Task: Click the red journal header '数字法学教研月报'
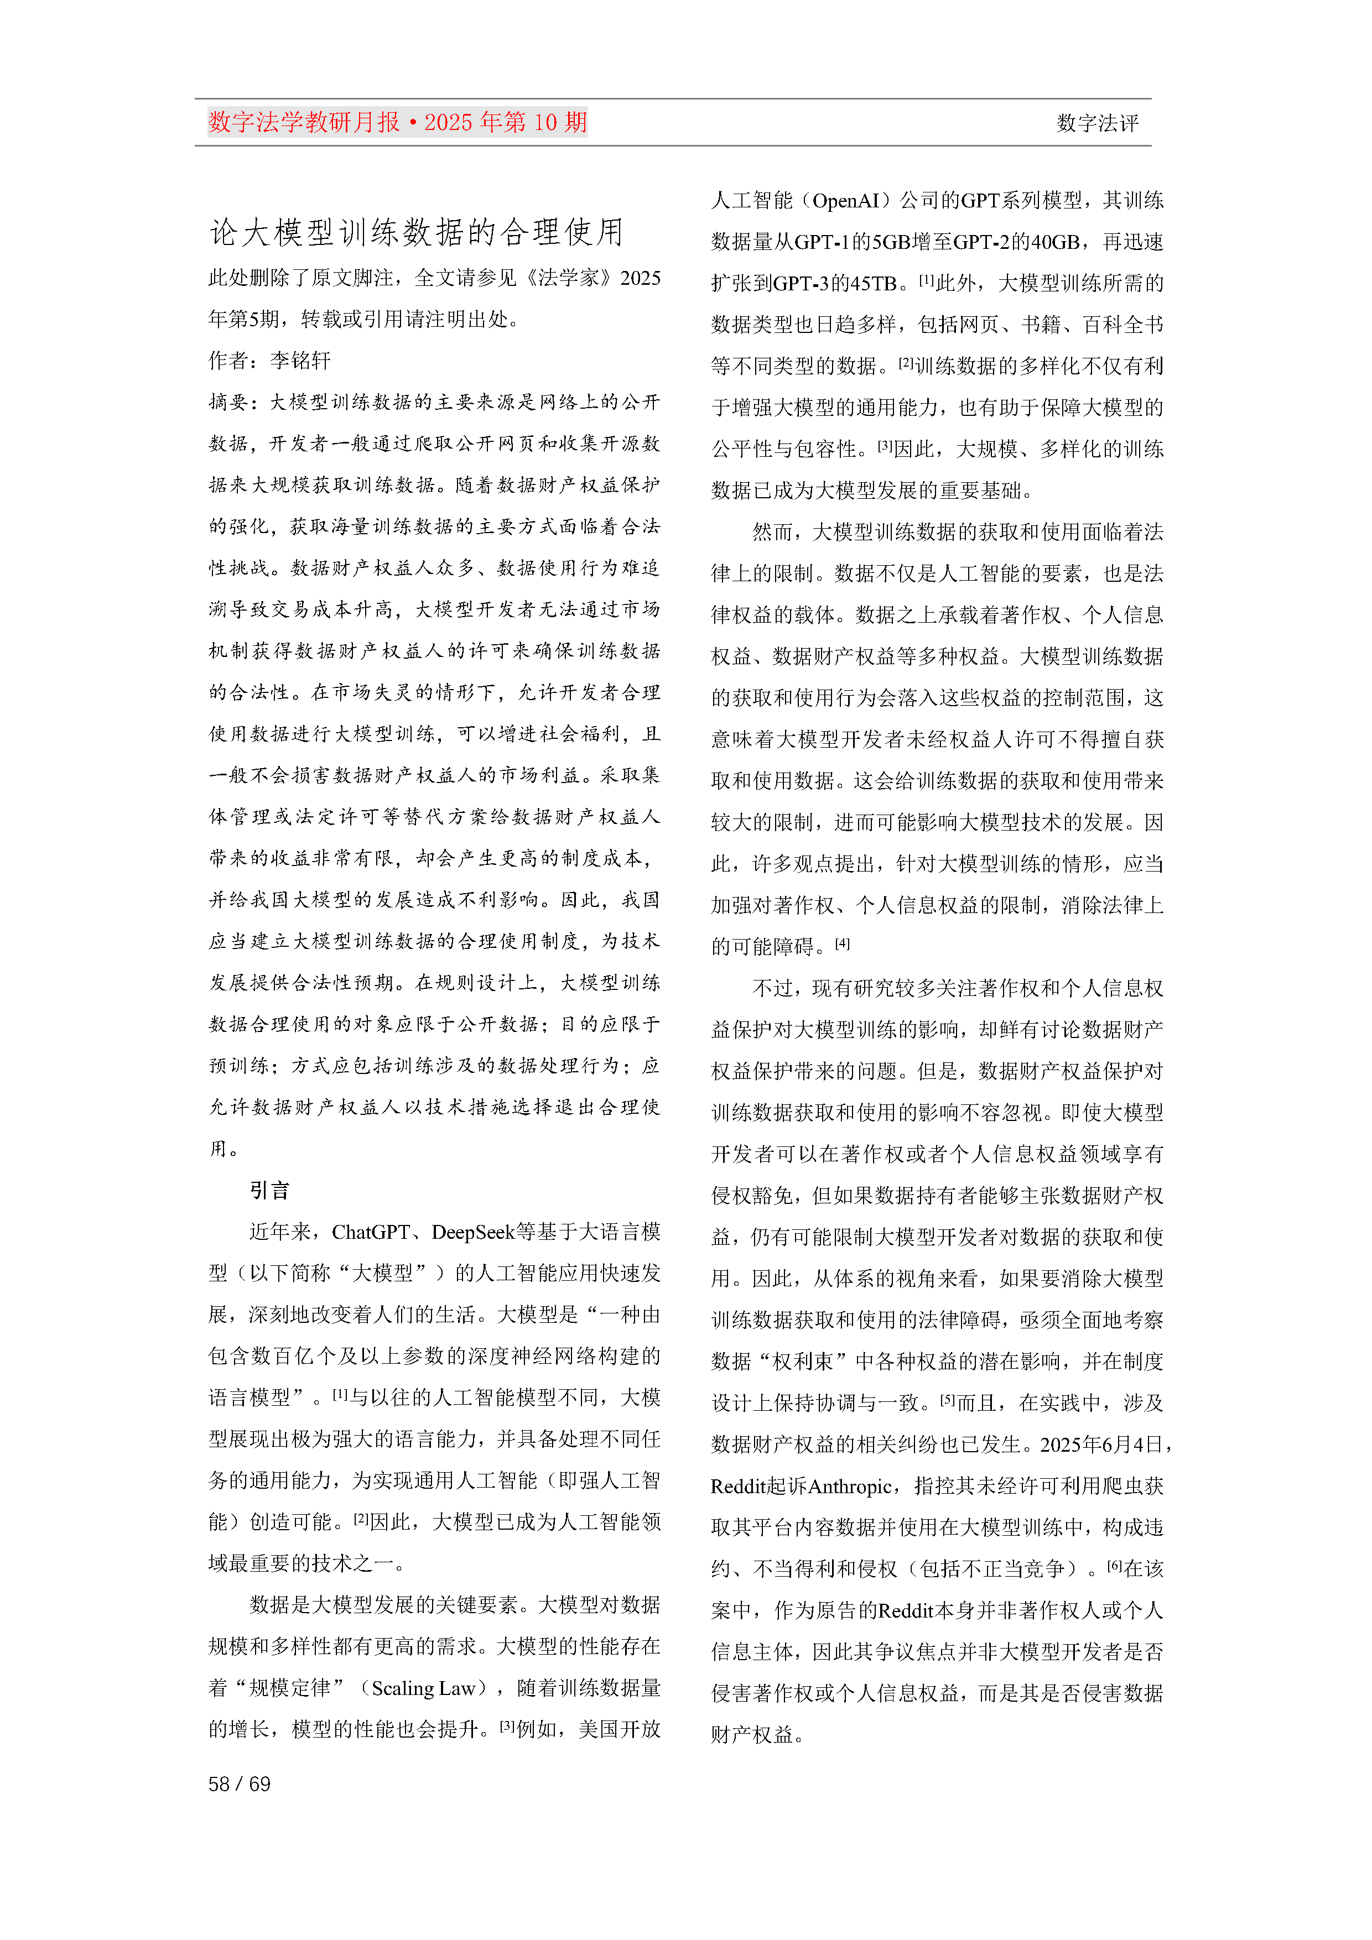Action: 304,123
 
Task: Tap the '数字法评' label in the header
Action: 1096,123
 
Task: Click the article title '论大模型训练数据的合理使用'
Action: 416,232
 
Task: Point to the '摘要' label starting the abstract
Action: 228,402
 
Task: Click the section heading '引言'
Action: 269,1191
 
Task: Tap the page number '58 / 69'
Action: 239,1783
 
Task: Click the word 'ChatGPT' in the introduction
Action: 370,1232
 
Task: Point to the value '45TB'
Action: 872,283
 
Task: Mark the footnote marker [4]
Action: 842,943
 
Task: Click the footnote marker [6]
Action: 1114,1565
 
